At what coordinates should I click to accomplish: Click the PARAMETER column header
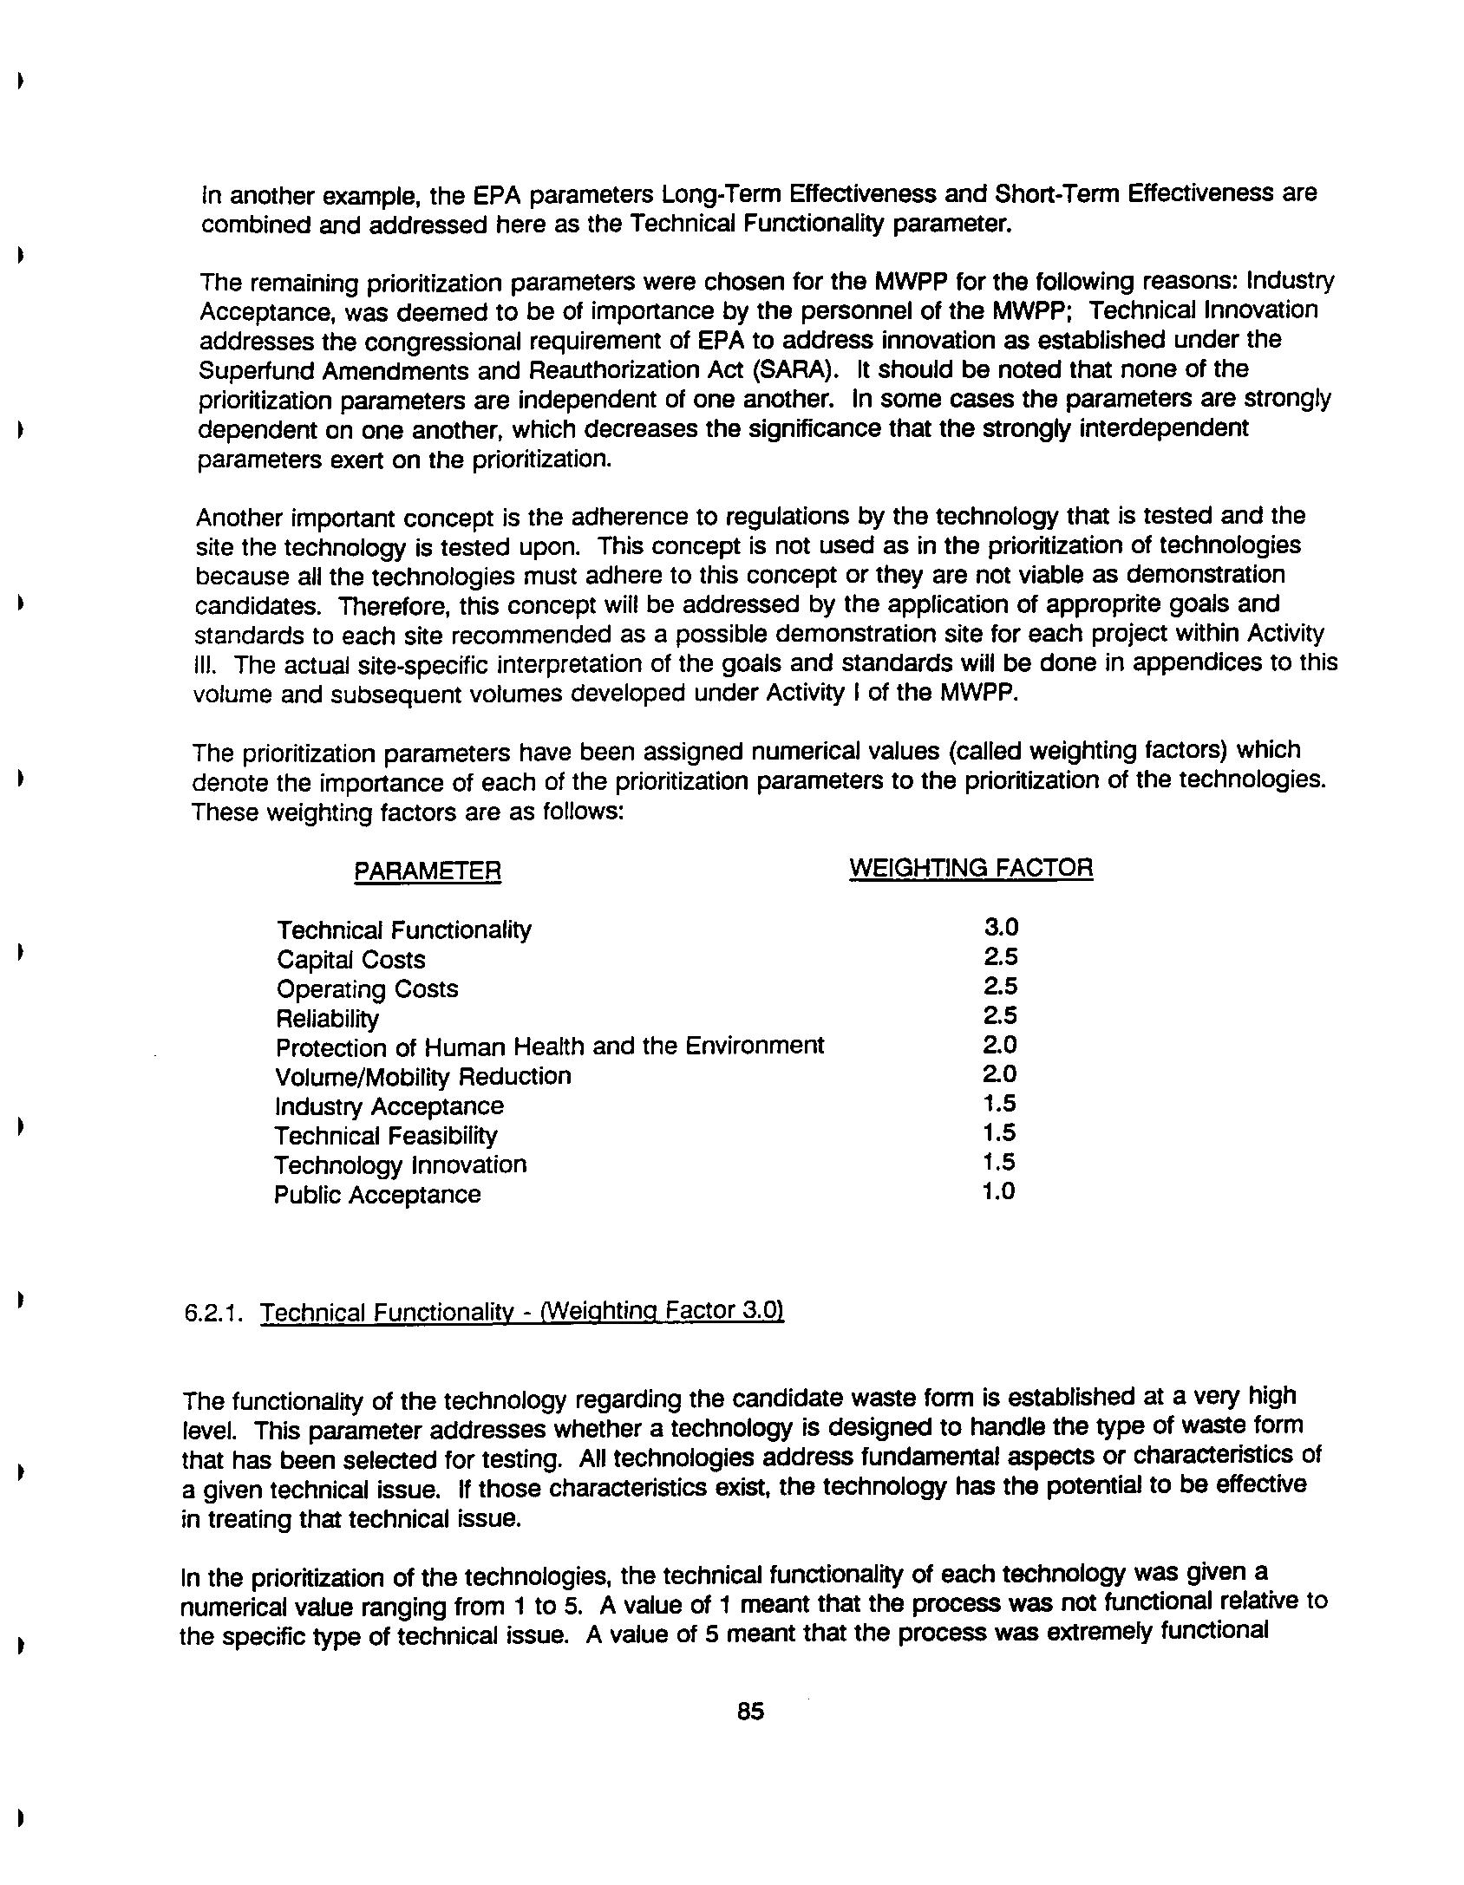click(x=428, y=871)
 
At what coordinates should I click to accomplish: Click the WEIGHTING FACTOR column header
click(x=971, y=868)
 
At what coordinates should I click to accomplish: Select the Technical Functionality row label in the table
click(x=404, y=930)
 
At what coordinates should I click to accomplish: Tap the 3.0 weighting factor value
click(x=1001, y=928)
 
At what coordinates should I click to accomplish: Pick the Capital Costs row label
click(x=351, y=960)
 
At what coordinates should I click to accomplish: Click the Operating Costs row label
click(x=367, y=989)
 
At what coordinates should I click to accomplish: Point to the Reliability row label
click(x=327, y=1019)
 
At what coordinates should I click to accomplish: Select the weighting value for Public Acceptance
click(x=998, y=1191)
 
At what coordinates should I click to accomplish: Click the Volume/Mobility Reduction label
click(x=423, y=1077)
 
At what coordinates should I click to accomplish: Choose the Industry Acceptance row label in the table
click(x=389, y=1106)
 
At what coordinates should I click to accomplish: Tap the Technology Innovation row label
click(x=400, y=1164)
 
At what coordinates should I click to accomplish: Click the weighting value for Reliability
click(x=1000, y=1015)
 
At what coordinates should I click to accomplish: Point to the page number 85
click(x=750, y=1712)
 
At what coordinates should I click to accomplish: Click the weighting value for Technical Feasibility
click(x=998, y=1132)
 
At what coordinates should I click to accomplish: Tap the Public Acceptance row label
click(x=377, y=1195)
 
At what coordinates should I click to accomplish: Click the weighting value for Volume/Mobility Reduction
click(x=999, y=1074)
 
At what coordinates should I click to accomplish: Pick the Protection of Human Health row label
click(x=549, y=1047)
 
